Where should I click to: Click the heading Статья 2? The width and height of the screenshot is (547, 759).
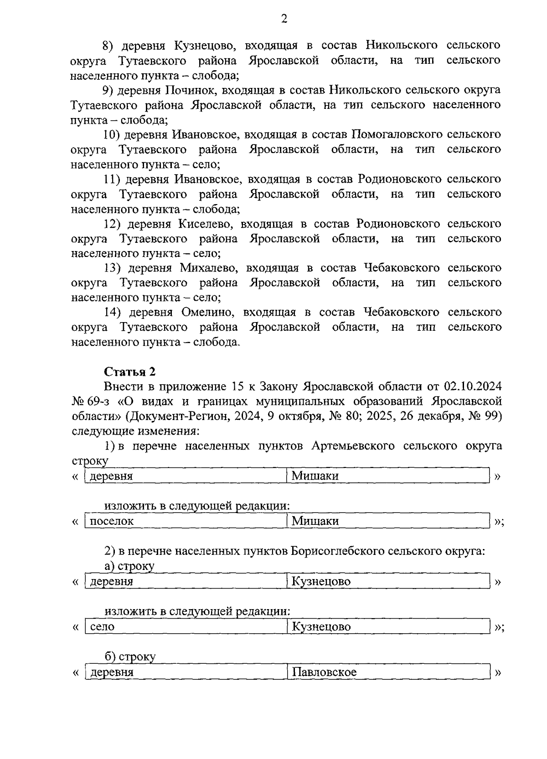[130, 372]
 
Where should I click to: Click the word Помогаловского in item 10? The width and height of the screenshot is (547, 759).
[397, 134]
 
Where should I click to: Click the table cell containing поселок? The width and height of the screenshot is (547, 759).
[186, 521]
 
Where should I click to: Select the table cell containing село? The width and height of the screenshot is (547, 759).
[186, 626]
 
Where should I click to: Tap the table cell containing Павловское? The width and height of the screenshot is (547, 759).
[388, 672]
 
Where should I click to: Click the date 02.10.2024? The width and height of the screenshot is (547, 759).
[472, 387]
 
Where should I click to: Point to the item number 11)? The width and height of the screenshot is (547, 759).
[112, 179]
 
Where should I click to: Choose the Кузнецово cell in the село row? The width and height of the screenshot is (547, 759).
[388, 626]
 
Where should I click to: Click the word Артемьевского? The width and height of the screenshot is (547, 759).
[353, 446]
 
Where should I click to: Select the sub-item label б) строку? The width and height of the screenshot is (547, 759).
[130, 656]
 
